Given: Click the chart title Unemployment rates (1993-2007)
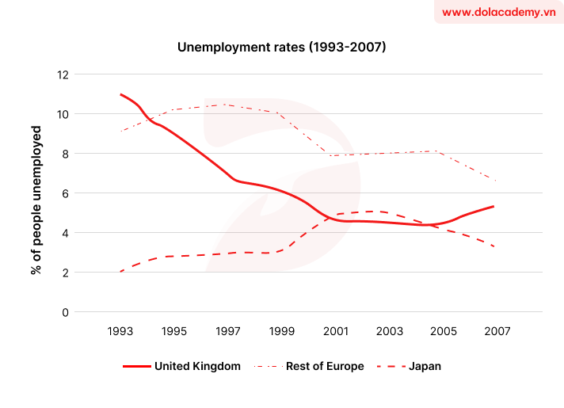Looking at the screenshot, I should [281, 48].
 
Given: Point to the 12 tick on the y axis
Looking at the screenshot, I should [63, 75].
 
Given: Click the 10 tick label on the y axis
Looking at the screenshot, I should [63, 115].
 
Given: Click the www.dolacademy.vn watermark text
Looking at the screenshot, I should [497, 13].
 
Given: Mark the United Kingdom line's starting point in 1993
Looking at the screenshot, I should [120, 94].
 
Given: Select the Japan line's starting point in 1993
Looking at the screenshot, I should [120, 272].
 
